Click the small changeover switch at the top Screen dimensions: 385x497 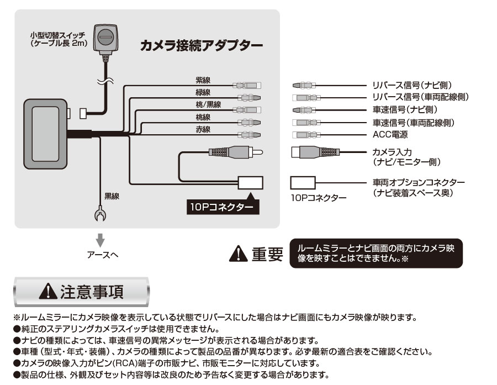coord(105,38)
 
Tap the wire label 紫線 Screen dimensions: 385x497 coord(203,81)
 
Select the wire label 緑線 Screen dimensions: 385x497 coord(203,92)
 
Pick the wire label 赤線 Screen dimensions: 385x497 coord(203,130)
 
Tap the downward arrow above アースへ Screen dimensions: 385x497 coord(101,240)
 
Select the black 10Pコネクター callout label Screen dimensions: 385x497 coord(221,207)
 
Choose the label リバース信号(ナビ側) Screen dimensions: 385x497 coord(412,85)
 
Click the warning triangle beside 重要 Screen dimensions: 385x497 coord(238,254)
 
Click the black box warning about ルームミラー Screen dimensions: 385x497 coord(376,253)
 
